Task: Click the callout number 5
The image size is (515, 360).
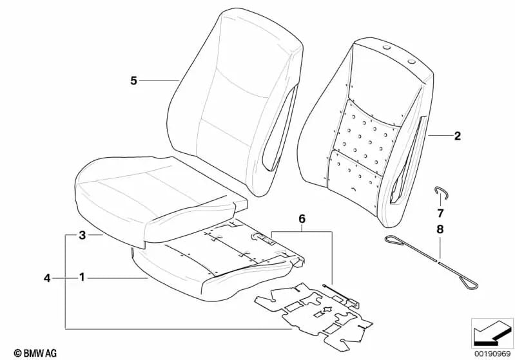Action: tap(133, 81)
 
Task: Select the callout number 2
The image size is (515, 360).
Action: tap(458, 135)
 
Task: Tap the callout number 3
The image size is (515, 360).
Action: tap(82, 235)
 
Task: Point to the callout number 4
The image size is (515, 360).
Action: tap(47, 278)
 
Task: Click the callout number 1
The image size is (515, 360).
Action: tap(82, 278)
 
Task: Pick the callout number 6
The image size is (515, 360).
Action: tap(302, 218)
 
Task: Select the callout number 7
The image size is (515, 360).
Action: tap(440, 213)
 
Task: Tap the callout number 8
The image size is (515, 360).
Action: tap(440, 229)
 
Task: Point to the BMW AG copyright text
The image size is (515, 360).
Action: tap(35, 353)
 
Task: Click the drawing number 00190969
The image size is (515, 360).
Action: tap(492, 354)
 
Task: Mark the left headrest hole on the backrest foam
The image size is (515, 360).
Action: tap(387, 48)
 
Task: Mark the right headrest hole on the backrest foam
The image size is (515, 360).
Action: tap(411, 61)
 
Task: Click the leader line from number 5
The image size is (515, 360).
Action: tap(159, 81)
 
